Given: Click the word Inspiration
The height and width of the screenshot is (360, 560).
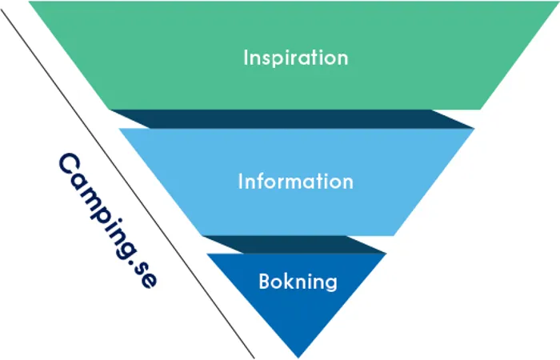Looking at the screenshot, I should coord(295,58).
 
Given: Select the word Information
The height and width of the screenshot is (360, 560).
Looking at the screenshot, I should coord(295,182).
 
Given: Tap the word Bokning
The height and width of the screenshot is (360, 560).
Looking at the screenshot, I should coord(298,282).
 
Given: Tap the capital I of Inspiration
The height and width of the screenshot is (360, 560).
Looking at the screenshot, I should coord(246,58).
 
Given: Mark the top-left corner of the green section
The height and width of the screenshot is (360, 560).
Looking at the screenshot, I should coord(30,2).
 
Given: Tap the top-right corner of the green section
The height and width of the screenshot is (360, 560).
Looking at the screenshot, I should coord(557,2).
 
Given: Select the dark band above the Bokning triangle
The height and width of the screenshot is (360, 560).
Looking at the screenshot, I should coord(294,245).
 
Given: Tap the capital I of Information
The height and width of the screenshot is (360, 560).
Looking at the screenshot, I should coord(241,182).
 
